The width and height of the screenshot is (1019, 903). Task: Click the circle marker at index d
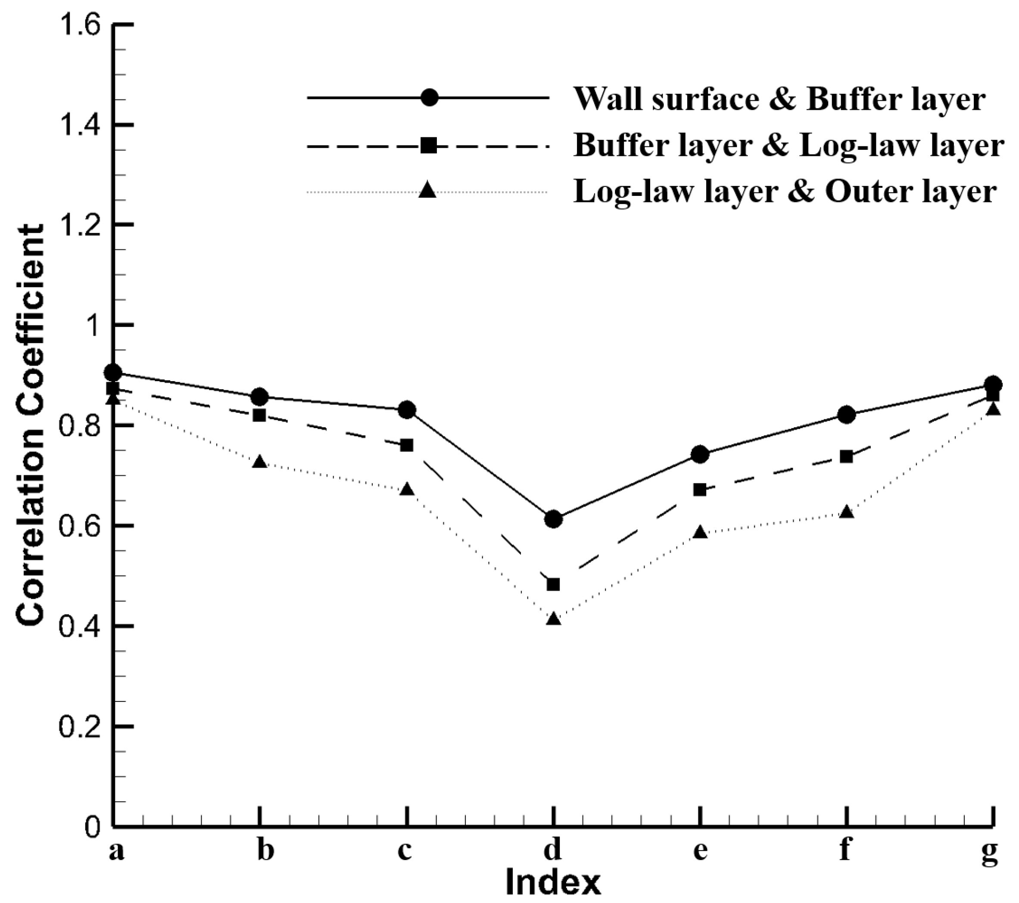coord(553,519)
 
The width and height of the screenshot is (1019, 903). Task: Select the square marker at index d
coord(553,584)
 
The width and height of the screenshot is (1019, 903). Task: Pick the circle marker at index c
coord(407,410)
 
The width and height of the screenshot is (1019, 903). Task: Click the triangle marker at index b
coord(259,462)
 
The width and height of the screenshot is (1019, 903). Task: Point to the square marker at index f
coord(846,456)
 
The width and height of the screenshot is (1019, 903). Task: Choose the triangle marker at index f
coord(846,512)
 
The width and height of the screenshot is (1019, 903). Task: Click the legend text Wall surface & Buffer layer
coord(779,98)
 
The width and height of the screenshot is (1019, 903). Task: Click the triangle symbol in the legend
coord(428,190)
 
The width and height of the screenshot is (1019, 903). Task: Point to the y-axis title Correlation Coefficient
coord(31,425)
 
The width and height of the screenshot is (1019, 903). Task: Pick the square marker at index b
coord(259,415)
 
